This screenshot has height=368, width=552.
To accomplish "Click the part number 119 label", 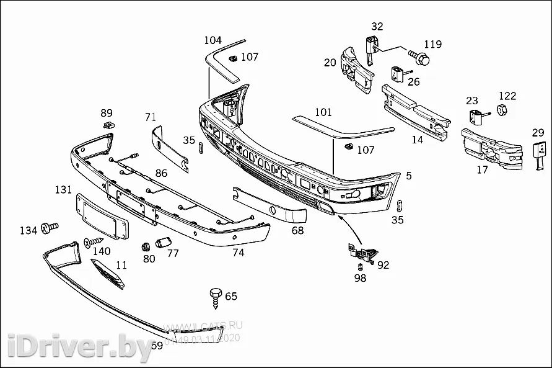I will [x=433, y=44].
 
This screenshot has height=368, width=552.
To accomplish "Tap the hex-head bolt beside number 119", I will [x=421, y=58].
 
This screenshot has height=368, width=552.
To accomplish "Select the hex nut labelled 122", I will [x=503, y=110].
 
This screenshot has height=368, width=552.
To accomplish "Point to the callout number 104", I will [x=212, y=40].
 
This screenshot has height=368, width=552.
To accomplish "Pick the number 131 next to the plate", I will [x=63, y=189].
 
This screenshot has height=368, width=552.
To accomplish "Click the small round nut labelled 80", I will [x=147, y=245].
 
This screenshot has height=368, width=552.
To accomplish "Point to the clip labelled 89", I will [x=108, y=125].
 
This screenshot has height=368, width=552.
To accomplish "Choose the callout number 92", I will [x=383, y=265].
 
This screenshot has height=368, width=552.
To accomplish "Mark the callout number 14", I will [x=418, y=140].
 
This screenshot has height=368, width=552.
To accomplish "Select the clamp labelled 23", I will [x=476, y=115].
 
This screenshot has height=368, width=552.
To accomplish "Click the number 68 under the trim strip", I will [x=298, y=230].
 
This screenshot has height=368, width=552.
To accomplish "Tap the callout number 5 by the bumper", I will [x=409, y=176].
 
